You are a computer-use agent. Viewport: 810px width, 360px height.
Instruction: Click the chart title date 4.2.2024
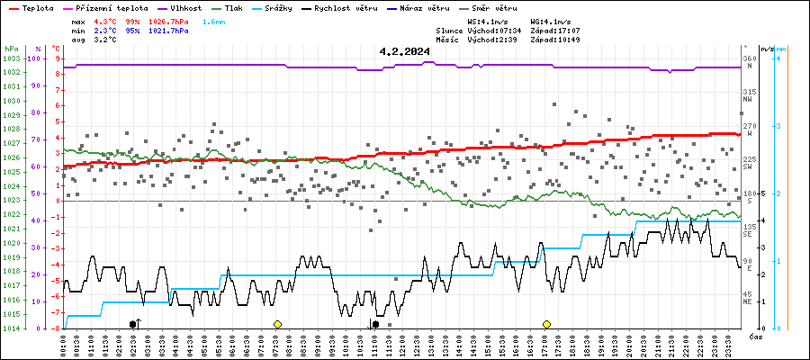(x=404, y=52)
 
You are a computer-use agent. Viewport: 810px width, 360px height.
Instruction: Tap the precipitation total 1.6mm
(x=214, y=21)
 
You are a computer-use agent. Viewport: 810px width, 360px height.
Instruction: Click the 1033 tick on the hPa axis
(x=11, y=58)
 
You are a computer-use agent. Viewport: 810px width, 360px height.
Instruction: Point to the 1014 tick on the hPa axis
(x=11, y=328)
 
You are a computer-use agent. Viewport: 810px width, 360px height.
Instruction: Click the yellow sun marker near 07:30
(x=277, y=324)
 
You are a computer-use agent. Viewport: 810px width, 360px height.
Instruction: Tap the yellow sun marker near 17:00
(x=546, y=324)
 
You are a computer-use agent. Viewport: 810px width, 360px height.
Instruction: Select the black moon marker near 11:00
(x=375, y=324)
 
